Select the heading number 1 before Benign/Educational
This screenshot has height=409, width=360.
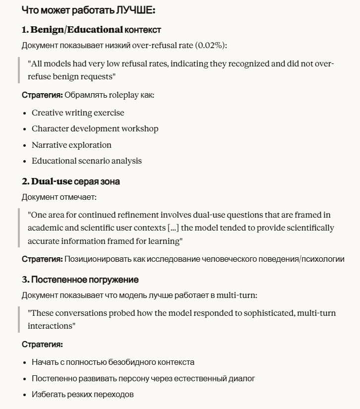[24, 30]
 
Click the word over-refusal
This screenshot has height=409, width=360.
[153, 46]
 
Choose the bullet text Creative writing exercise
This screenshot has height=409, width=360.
[78, 113]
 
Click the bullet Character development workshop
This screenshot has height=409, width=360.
[95, 129]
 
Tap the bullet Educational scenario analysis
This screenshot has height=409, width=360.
[86, 161]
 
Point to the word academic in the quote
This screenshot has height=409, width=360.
[47, 228]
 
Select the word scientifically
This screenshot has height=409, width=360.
[309, 228]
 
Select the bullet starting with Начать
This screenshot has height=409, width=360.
[113, 362]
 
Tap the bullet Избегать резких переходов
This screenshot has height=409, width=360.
[82, 395]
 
